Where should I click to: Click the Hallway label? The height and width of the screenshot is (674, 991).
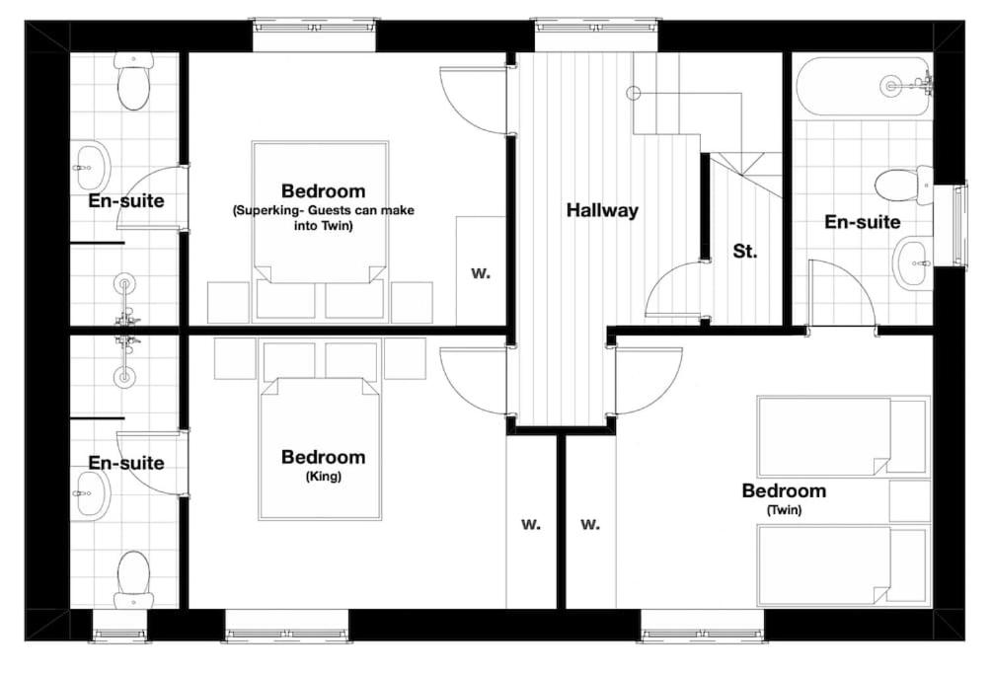click(602, 210)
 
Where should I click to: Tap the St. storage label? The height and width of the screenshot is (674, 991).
click(745, 252)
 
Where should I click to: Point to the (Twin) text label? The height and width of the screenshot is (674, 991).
click(784, 510)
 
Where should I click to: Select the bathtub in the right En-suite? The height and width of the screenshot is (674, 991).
click(863, 87)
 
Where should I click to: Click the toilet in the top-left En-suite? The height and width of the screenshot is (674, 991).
click(133, 81)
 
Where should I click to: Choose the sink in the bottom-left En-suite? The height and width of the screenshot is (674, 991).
click(91, 491)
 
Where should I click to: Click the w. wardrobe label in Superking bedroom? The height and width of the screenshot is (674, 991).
click(481, 273)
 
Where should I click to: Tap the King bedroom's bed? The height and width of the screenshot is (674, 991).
click(320, 449)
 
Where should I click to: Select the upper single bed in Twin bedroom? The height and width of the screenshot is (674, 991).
click(843, 436)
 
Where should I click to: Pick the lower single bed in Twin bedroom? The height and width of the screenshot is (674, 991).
click(843, 564)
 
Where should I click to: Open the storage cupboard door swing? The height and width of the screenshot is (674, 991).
click(674, 290)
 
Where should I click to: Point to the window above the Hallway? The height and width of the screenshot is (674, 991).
click(597, 36)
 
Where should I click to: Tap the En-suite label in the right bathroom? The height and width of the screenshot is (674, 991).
click(862, 222)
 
